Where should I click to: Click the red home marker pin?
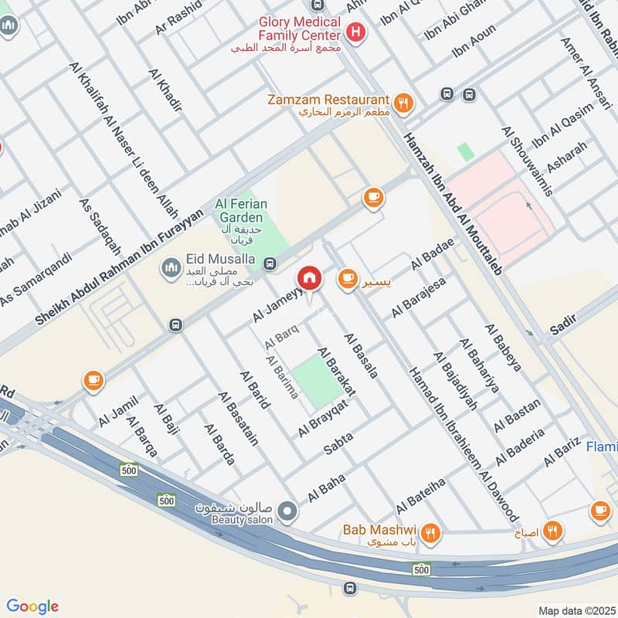310,278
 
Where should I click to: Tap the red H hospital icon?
355,32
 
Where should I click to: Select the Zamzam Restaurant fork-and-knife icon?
402,102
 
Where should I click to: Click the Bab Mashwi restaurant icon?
430,531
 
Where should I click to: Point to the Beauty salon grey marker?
287,511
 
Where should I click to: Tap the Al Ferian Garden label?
241,211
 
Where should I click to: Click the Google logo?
32,606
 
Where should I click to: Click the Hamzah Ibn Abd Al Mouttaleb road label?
453,202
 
